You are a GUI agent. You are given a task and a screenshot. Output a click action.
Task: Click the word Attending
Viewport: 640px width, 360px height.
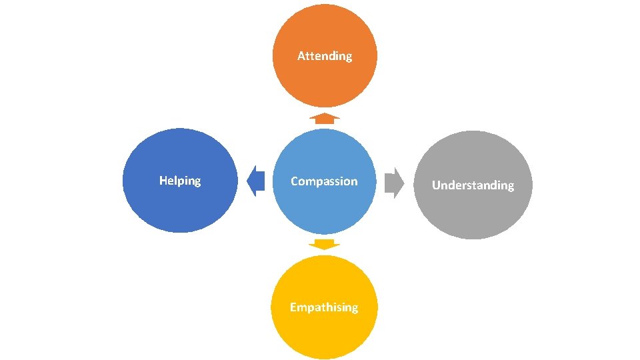pyautogui.click(x=325, y=56)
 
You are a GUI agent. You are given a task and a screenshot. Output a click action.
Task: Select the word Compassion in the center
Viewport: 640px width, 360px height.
pyautogui.click(x=324, y=181)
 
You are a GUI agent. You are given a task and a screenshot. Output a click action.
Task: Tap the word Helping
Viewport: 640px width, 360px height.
pyautogui.click(x=180, y=181)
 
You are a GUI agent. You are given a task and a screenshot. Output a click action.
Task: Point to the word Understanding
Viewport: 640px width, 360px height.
pyautogui.click(x=473, y=185)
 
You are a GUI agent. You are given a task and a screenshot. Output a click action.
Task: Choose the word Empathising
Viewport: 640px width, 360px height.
pyautogui.click(x=324, y=307)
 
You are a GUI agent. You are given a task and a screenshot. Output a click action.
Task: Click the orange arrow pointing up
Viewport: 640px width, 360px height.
pyautogui.click(x=325, y=119)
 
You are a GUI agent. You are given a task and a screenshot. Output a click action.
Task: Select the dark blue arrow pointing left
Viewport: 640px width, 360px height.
pyautogui.click(x=255, y=181)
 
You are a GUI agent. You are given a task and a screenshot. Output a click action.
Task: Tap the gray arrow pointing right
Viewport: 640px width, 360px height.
pyautogui.click(x=395, y=183)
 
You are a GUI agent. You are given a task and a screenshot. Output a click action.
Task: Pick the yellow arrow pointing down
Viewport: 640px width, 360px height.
pyautogui.click(x=325, y=244)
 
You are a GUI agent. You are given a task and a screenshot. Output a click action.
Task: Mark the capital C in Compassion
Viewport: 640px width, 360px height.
pyautogui.click(x=295, y=181)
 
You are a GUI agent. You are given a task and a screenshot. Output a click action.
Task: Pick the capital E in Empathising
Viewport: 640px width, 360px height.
pyautogui.click(x=293, y=307)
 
